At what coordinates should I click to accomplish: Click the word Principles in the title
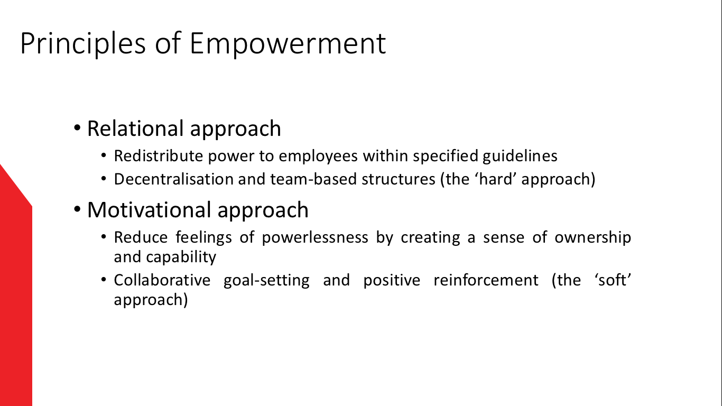tap(83, 43)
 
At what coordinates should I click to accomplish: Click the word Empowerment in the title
tap(288, 43)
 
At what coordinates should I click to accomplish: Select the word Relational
tap(136, 128)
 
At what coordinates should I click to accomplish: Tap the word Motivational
tap(149, 210)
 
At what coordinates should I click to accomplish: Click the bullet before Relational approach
tap(77, 128)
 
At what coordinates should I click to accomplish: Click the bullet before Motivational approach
tap(77, 209)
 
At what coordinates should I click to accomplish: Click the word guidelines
tap(520, 156)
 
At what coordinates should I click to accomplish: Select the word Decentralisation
tap(174, 179)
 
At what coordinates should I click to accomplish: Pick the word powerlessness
tap(315, 238)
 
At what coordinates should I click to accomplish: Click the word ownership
tap(593, 238)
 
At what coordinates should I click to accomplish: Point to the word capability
tap(181, 257)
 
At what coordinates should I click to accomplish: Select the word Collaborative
tap(162, 280)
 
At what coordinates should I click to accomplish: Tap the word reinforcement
tap(486, 280)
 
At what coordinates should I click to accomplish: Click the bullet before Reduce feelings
tap(104, 237)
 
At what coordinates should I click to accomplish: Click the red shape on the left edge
tap(16, 290)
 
